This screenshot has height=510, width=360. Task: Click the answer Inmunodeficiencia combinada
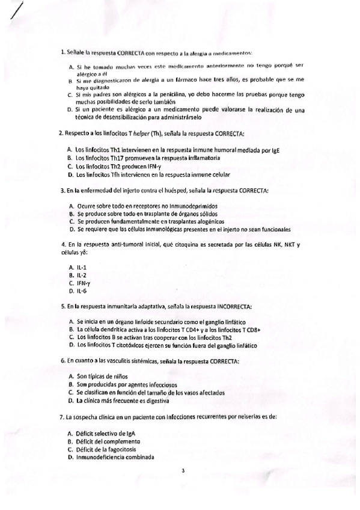coord(115,457)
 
